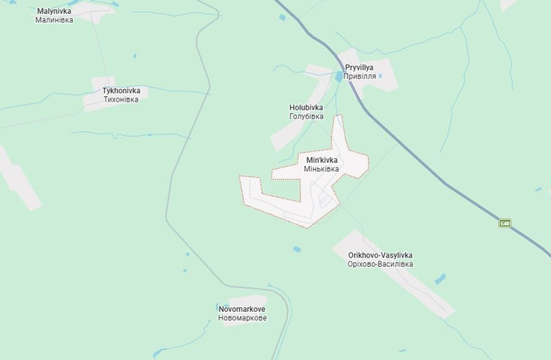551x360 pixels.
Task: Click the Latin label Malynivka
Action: pyautogui.click(x=54, y=11)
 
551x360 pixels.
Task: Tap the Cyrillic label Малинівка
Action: pyautogui.click(x=54, y=19)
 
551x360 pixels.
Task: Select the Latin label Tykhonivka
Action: pyautogui.click(x=120, y=91)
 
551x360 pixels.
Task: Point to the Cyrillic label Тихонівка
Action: pyautogui.click(x=120, y=99)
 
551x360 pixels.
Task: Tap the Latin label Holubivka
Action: pyautogui.click(x=306, y=107)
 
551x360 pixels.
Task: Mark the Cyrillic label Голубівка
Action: pyautogui.click(x=306, y=116)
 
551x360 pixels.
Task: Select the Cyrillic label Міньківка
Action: pyautogui.click(x=322, y=169)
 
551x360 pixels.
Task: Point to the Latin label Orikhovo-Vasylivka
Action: pyautogui.click(x=380, y=255)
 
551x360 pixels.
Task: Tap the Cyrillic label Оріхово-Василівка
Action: pyautogui.click(x=380, y=265)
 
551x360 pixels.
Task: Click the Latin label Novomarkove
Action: pyautogui.click(x=242, y=309)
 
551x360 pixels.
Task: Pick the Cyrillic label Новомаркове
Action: pyautogui.click(x=242, y=318)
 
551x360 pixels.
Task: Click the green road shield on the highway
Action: pyautogui.click(x=505, y=223)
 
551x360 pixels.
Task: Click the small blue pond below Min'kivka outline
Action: pyautogui.click(x=296, y=249)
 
